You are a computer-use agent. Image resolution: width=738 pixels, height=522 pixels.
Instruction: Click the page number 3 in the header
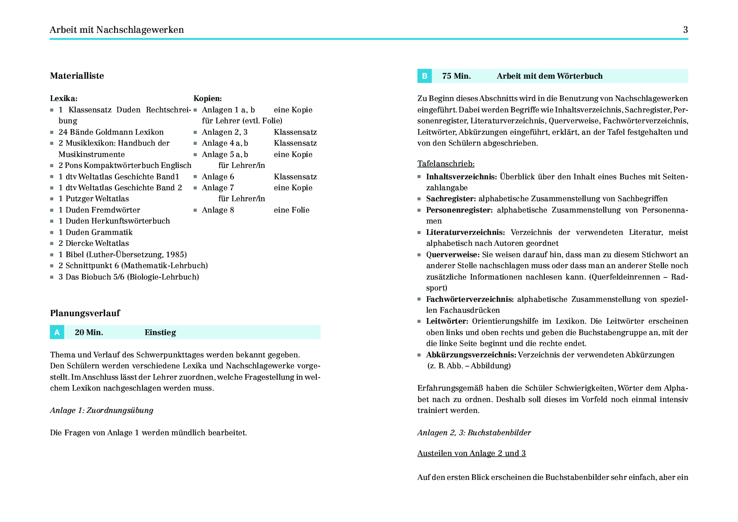coord(685,30)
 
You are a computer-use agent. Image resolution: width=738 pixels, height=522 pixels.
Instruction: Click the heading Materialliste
coord(77,76)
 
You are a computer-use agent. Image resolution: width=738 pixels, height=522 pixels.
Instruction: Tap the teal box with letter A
coord(57,332)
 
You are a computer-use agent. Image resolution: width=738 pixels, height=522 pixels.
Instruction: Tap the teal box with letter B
coord(425,76)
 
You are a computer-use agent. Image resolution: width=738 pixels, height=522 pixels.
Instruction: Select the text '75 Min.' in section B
coord(456,76)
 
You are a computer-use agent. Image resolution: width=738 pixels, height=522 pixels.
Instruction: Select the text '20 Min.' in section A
coord(89,333)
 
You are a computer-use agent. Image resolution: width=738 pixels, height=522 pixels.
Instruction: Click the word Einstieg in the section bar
coord(160,333)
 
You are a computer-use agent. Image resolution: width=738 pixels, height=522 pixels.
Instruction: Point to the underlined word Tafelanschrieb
coord(446,164)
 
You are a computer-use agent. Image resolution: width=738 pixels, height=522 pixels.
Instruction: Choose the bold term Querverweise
coord(452,255)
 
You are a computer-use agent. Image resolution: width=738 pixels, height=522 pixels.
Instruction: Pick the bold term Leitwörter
coord(447,321)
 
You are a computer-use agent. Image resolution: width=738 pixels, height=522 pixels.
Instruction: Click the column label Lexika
coord(64,99)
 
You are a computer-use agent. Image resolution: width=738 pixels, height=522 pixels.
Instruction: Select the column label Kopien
coord(207,99)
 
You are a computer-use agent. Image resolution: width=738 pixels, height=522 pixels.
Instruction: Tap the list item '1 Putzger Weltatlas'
coord(94,199)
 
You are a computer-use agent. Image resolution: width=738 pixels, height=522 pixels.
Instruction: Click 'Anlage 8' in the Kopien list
coord(218,210)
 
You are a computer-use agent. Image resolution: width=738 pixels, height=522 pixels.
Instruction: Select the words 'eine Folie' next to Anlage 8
coord(292,210)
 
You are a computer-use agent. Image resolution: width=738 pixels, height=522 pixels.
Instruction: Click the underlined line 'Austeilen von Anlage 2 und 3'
coord(471,453)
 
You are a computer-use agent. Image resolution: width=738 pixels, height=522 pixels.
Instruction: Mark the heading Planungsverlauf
coord(85,313)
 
